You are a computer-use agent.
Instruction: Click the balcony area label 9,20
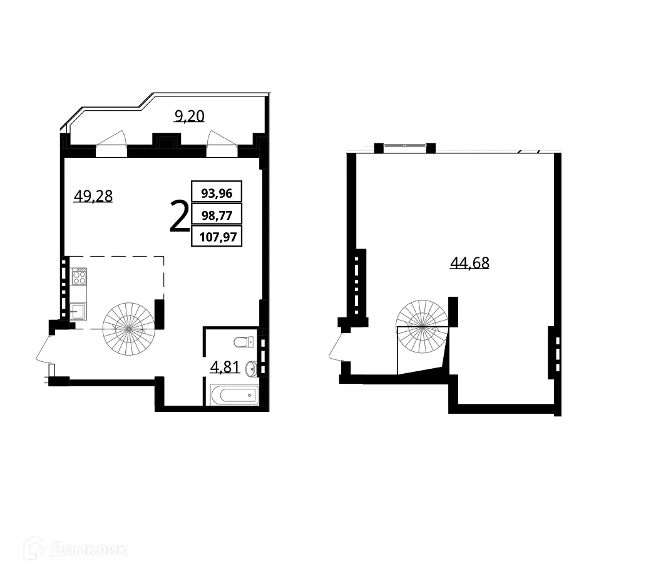[190, 116]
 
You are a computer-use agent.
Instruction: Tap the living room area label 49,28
[93, 196]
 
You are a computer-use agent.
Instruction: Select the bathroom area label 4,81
[223, 366]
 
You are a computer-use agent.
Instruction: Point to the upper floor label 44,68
[469, 263]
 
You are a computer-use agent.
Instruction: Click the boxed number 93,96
[217, 193]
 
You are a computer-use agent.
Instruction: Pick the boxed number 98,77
[217, 215]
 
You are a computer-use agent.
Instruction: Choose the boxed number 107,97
[217, 237]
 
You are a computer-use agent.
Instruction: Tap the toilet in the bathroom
[242, 342]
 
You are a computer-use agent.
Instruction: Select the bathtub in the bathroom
[234, 394]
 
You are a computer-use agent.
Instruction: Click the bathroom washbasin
[251, 369]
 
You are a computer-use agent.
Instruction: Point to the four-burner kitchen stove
[79, 276]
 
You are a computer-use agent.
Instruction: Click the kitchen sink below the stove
[78, 311]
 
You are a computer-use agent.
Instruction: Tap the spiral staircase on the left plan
[129, 327]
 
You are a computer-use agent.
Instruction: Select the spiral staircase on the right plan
[423, 326]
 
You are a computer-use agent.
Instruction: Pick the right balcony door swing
[222, 141]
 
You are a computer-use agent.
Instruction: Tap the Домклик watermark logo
[75, 550]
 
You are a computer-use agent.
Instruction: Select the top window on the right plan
[405, 146]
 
